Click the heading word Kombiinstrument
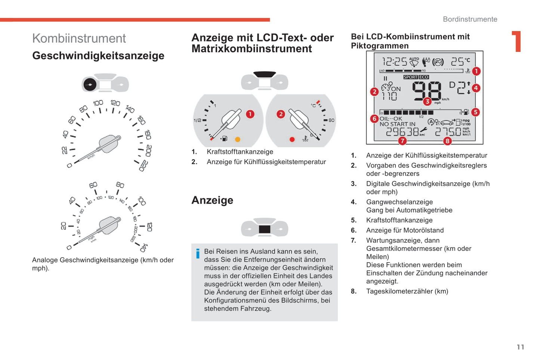point(79,38)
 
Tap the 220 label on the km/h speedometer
point(144,166)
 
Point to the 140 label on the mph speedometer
point(144,248)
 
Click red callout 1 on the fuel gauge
point(250,114)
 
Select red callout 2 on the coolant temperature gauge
point(281,114)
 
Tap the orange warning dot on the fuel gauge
point(237,139)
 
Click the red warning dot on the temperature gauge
point(292,139)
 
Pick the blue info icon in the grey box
point(198,254)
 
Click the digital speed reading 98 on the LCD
point(426,91)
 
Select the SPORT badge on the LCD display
point(411,77)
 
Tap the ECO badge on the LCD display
point(423,77)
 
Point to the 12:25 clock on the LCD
point(394,62)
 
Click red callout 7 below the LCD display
point(402,141)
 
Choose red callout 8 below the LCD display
point(447,141)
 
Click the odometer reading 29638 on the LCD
point(402,132)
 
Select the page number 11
point(520,347)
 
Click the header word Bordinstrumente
point(470,19)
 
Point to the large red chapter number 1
point(516,41)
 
